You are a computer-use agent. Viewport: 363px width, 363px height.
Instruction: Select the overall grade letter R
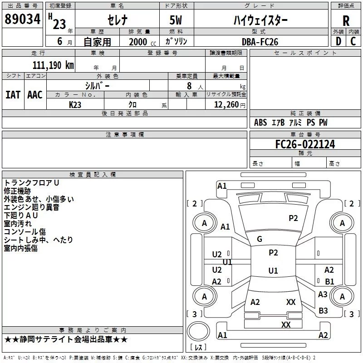tap(346, 21)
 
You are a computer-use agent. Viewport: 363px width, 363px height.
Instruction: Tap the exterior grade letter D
tap(338, 41)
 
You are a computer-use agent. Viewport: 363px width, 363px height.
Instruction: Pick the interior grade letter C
tap(353, 41)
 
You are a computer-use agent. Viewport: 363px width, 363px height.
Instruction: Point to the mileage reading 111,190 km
tap(53, 65)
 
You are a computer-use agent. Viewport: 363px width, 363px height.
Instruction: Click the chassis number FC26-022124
tap(305, 144)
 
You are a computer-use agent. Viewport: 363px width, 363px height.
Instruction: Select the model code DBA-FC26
tap(260, 42)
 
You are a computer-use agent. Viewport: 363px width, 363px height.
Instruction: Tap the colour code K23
tap(75, 104)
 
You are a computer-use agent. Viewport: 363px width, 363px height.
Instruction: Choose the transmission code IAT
tap(13, 94)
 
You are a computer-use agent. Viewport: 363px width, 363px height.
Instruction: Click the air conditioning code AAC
tap(35, 94)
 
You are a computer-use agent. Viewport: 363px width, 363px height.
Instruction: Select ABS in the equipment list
tap(260, 123)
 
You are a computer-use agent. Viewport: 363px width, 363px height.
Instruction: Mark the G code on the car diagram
tap(260, 239)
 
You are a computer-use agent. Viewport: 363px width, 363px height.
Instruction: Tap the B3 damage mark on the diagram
tap(323, 311)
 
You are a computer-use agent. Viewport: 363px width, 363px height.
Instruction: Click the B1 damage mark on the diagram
tap(329, 281)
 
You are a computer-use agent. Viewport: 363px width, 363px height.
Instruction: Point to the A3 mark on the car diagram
tap(323, 294)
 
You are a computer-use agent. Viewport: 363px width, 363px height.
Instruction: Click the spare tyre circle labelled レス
tap(198, 334)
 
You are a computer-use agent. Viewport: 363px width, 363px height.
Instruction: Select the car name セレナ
tap(117, 20)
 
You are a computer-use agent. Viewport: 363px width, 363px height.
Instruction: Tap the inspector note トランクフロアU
tap(32, 182)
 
